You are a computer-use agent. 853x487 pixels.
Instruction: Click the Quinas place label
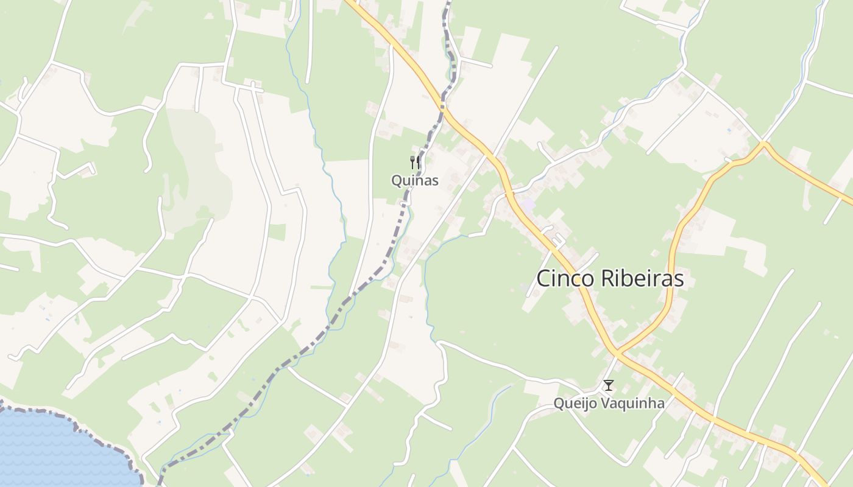(x=415, y=181)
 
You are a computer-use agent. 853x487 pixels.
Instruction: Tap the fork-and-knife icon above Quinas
(x=415, y=163)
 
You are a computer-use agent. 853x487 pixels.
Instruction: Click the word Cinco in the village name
(x=565, y=279)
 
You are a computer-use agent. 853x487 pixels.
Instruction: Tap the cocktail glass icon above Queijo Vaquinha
(x=608, y=385)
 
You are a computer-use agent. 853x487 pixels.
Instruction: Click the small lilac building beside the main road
(x=528, y=205)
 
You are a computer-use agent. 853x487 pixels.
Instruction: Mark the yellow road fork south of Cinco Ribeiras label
(x=617, y=352)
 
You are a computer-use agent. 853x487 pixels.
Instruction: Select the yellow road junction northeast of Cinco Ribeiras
(x=763, y=144)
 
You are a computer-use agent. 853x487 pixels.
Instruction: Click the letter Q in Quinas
(x=397, y=181)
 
